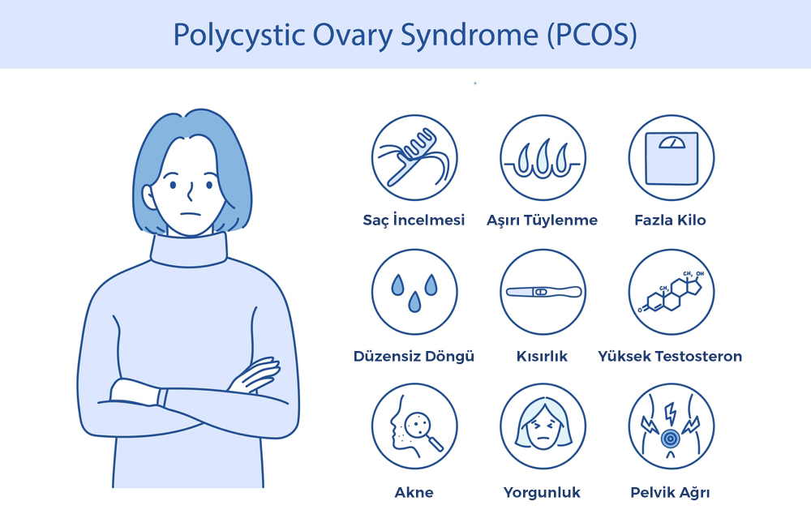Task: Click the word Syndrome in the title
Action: [470, 36]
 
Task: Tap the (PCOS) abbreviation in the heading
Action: [592, 35]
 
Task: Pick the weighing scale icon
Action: [672, 158]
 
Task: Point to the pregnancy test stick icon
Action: [543, 292]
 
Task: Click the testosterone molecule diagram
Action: [671, 292]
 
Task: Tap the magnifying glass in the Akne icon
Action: [423, 429]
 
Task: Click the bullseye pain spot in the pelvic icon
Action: [670, 439]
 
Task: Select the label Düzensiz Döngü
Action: [414, 356]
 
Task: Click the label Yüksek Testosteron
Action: [671, 356]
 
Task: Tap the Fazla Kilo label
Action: [671, 220]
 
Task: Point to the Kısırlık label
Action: [542, 356]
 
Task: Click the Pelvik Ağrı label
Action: [671, 492]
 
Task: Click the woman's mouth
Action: [191, 214]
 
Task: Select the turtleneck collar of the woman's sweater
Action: [189, 250]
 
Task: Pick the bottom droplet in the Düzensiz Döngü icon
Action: [414, 302]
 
